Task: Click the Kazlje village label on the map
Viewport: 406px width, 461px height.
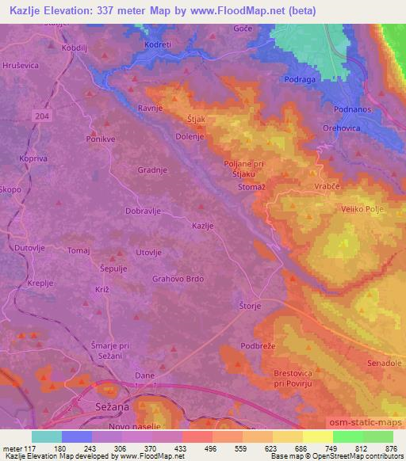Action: pos(203,226)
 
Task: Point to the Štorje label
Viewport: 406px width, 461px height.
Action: pos(250,303)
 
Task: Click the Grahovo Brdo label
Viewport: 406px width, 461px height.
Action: pos(178,279)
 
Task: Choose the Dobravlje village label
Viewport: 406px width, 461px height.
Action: pos(144,211)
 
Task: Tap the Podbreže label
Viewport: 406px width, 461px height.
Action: pos(258,346)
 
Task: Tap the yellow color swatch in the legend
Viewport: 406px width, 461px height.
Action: pos(319,436)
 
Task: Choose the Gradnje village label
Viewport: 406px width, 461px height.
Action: pos(151,170)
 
